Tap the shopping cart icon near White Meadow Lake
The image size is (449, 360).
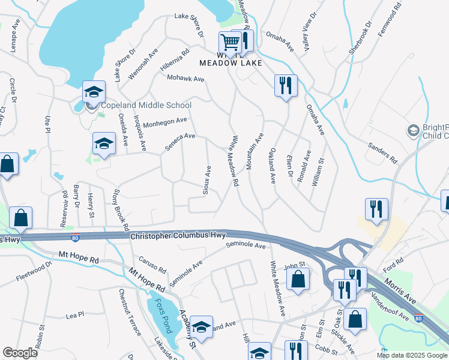[x=229, y=43]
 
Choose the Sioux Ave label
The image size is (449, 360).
[x=208, y=179]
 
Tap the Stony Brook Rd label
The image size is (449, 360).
[x=120, y=211]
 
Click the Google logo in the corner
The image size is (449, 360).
[x=20, y=353]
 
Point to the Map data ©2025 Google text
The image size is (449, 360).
[x=412, y=355]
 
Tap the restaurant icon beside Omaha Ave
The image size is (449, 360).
[x=285, y=85]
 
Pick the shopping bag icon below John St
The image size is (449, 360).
[x=298, y=279]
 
